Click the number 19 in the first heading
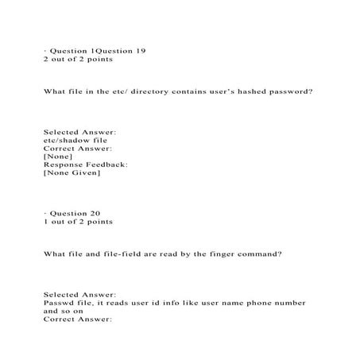click(139, 50)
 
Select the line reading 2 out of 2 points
click(78, 59)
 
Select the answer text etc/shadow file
click(75, 140)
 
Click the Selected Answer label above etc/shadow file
click(79, 131)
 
